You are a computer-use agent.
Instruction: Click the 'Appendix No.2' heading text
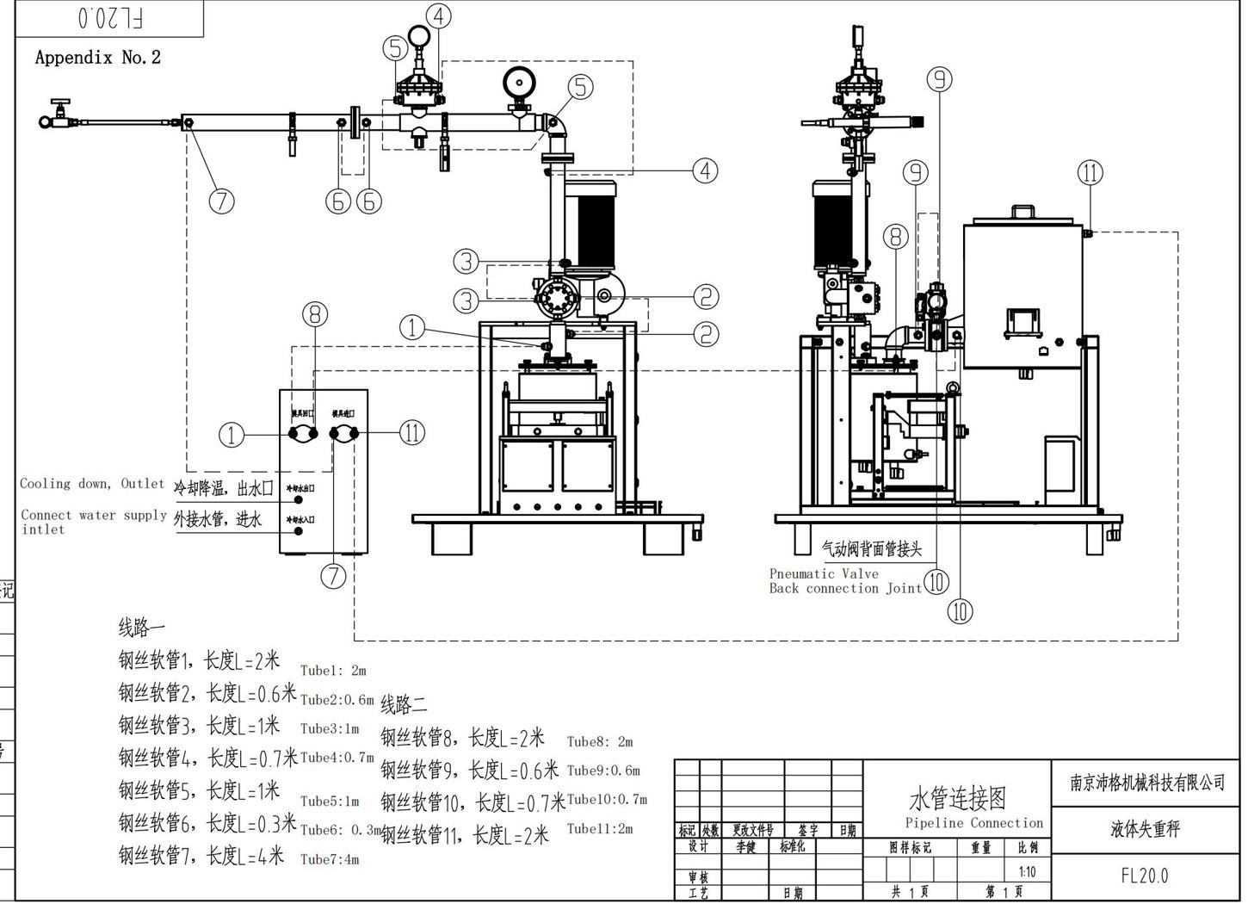97,58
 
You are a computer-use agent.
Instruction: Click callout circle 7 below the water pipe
221,201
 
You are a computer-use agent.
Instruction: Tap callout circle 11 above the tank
1090,173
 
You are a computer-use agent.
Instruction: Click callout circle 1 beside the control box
232,435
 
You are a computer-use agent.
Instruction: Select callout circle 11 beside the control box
412,432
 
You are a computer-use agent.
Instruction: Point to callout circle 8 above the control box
315,314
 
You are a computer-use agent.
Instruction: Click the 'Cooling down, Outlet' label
92,484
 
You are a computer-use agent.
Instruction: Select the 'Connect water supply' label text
93,515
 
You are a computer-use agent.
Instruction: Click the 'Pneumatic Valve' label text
824,573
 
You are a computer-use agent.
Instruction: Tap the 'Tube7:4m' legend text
330,859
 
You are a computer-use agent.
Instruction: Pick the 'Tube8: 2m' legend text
600,741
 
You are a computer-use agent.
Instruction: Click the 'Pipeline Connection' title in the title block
973,823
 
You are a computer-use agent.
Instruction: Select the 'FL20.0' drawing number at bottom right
1144,876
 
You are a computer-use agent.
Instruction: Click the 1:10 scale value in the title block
1028,872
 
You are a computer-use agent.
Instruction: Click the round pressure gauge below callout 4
419,36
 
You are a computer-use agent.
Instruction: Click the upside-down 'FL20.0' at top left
110,17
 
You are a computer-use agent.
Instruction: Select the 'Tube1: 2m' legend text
333,670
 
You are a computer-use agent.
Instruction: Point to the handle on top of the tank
1022,213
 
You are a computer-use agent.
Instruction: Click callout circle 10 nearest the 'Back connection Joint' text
936,582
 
